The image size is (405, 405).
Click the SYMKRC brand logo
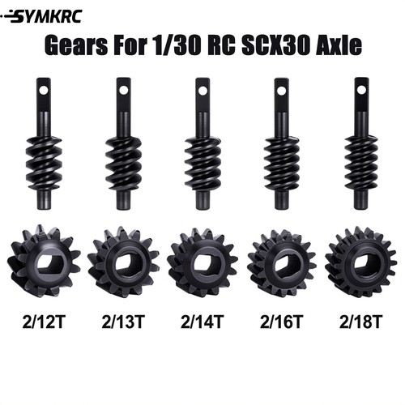[41, 17]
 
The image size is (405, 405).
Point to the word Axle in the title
[338, 45]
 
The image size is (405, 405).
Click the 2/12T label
[44, 322]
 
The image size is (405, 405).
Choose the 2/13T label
[123, 322]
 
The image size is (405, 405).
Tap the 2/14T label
[202, 322]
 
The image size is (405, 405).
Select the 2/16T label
[282, 322]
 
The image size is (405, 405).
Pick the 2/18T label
[360, 322]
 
